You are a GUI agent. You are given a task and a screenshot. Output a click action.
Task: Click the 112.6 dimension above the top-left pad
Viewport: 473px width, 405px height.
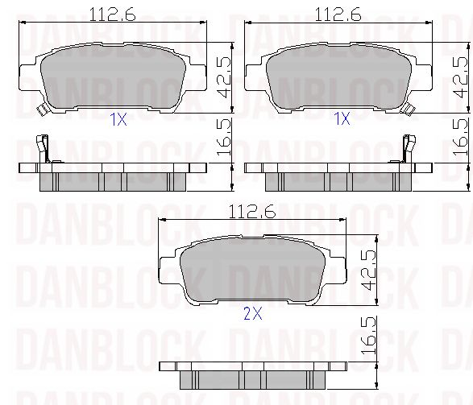click(x=113, y=14)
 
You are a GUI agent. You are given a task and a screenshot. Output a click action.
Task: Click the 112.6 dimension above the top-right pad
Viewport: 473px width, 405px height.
click(x=338, y=14)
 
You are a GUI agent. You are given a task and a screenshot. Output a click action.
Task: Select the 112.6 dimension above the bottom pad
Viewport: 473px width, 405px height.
click(x=252, y=212)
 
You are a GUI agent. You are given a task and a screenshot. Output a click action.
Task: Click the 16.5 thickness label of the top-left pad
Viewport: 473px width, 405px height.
click(x=224, y=137)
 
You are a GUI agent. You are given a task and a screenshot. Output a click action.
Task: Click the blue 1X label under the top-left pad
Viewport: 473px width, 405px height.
click(x=118, y=120)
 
